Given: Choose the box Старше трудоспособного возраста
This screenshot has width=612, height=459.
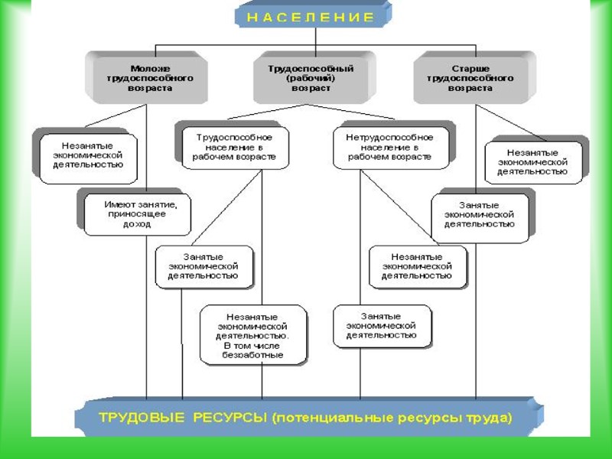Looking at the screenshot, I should tap(470, 77).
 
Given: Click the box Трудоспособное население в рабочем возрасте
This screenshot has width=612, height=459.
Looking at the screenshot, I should tap(235, 146).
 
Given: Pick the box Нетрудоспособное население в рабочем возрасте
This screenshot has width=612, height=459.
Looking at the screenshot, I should tap(389, 146).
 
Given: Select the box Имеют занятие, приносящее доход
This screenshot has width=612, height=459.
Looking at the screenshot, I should tap(135, 214).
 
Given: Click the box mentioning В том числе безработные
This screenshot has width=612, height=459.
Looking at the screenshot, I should tap(253, 335).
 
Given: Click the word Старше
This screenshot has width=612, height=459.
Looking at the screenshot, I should tap(470, 67).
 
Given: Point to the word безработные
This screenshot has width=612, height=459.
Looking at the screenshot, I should tap(253, 355).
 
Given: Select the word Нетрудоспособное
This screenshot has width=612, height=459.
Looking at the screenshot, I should tap(389, 136).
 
